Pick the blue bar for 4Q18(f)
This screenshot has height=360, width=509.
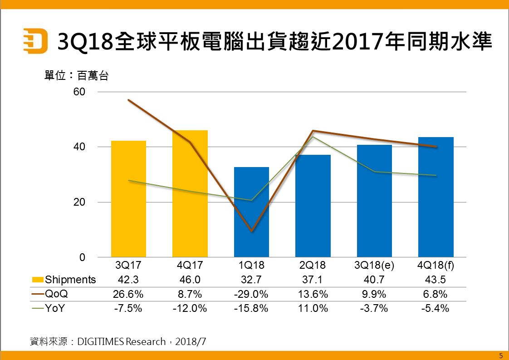coord(436,197)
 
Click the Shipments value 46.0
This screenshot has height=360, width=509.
coord(190,280)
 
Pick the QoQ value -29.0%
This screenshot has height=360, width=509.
coord(251,294)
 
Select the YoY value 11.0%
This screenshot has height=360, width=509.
coord(313,308)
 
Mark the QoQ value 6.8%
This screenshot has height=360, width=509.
coord(436,294)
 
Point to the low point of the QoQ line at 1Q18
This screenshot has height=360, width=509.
coord(251,231)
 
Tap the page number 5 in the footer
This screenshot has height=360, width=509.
coord(500,355)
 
